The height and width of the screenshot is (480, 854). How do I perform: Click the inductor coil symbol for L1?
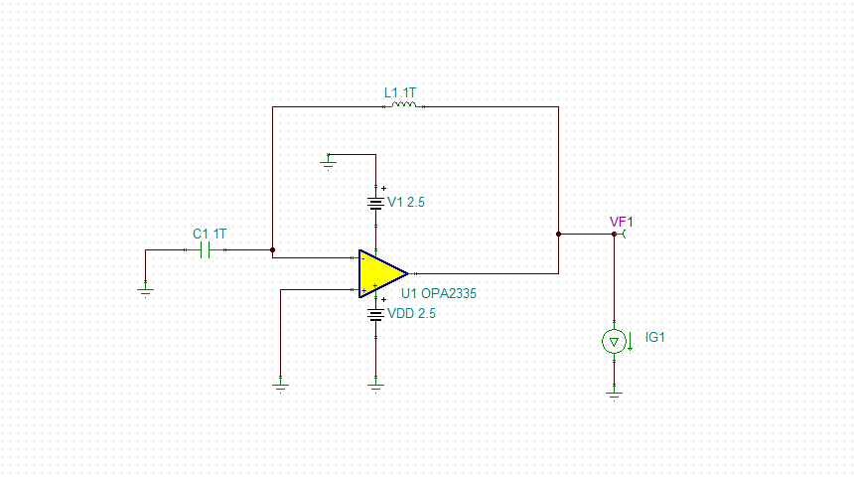coord(402,104)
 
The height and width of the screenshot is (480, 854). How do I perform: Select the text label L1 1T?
coord(400,92)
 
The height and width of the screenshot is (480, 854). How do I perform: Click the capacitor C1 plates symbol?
coord(208,250)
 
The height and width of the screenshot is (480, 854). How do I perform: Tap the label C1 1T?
coord(210,234)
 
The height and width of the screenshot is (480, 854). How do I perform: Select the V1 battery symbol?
coord(376,203)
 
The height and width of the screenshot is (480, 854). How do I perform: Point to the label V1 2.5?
coord(406,202)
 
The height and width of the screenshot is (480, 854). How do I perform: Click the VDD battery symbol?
coord(376,314)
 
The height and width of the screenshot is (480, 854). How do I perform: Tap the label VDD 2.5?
coord(411,313)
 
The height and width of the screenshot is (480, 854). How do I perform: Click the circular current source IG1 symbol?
coord(614,342)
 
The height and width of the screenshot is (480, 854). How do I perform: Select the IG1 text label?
coord(654,338)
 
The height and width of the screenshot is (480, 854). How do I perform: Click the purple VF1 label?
coord(621,221)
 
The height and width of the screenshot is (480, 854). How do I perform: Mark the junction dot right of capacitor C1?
coord(272,250)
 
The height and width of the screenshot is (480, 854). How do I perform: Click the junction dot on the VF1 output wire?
coord(559,235)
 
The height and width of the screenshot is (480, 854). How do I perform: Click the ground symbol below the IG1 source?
coord(614,392)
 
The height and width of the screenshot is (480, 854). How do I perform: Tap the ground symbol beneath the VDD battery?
coord(376,384)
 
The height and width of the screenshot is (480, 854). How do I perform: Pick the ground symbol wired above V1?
coord(330,161)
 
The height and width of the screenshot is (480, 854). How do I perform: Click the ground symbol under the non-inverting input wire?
coord(281,384)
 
